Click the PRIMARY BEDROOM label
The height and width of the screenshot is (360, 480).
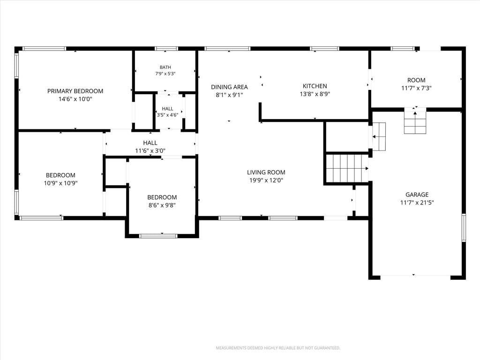75,91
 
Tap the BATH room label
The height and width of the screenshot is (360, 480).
165,67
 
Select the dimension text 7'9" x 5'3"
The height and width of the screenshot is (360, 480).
165,74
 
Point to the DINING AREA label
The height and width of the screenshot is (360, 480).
229,87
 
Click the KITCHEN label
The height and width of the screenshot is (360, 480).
315,86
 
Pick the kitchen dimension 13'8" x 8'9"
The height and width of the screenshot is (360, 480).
315,94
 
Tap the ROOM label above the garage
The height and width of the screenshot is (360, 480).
416,80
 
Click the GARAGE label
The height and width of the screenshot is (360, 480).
417,195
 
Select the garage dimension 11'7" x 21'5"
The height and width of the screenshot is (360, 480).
417,202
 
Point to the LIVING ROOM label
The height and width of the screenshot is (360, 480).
266,172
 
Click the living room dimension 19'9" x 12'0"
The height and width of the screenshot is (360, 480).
266,180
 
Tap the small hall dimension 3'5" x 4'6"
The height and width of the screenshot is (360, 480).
167,115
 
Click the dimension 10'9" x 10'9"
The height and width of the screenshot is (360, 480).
60,183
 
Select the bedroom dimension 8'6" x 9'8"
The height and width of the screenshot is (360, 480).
162,205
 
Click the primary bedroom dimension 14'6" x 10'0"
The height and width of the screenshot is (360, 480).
75,99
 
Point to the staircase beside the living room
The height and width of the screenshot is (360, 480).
347,168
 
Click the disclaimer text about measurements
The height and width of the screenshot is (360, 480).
278,348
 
